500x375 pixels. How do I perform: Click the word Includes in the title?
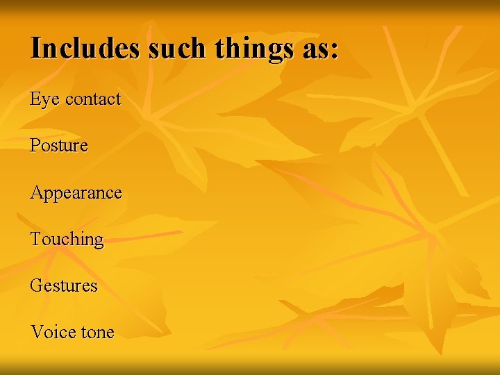click(x=83, y=48)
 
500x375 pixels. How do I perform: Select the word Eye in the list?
click(x=44, y=100)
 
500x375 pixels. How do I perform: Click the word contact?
click(x=93, y=99)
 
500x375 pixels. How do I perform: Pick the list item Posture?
click(x=59, y=146)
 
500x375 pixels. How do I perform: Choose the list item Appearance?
click(x=76, y=193)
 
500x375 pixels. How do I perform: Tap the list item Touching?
click(x=67, y=240)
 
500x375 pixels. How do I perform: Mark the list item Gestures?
click(x=64, y=285)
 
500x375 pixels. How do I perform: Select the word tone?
click(x=97, y=333)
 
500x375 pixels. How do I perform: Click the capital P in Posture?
click(x=35, y=146)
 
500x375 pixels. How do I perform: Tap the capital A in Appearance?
click(x=36, y=192)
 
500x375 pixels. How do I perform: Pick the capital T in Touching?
click(x=36, y=239)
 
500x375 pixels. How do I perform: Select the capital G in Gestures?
click(x=36, y=285)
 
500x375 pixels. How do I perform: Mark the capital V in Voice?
click(x=36, y=332)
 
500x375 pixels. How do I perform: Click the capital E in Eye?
click(x=35, y=99)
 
